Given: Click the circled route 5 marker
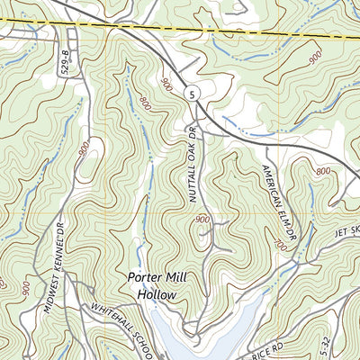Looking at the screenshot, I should point(191,94).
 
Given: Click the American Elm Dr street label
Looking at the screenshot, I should point(276,195).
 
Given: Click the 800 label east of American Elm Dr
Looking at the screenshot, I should point(324,170).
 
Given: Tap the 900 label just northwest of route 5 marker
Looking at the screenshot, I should point(167,85).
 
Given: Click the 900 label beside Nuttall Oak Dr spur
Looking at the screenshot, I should point(201,220).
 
